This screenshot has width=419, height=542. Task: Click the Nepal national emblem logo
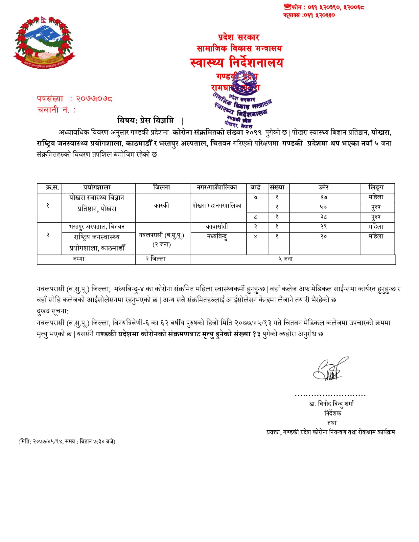(x=44, y=42)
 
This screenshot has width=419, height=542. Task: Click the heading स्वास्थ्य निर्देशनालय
(x=237, y=62)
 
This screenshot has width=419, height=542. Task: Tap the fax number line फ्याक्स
(x=309, y=15)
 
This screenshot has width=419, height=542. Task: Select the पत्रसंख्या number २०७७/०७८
(x=94, y=99)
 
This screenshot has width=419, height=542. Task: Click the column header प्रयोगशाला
(x=97, y=188)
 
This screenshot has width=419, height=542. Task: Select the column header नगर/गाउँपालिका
(x=217, y=188)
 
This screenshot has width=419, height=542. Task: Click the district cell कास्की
(x=161, y=206)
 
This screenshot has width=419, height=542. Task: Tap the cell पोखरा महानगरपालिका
(x=217, y=206)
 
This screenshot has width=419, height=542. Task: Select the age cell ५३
(x=323, y=207)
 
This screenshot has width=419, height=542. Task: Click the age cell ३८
(x=323, y=217)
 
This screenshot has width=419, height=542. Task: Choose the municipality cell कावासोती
(x=217, y=227)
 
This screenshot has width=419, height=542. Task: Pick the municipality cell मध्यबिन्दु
(x=217, y=237)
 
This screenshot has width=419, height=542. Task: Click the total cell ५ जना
(x=285, y=259)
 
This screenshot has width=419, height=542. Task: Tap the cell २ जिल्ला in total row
(x=156, y=259)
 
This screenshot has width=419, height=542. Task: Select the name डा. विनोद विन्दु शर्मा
(x=331, y=404)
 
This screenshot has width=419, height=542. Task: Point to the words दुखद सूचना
(x=53, y=311)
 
